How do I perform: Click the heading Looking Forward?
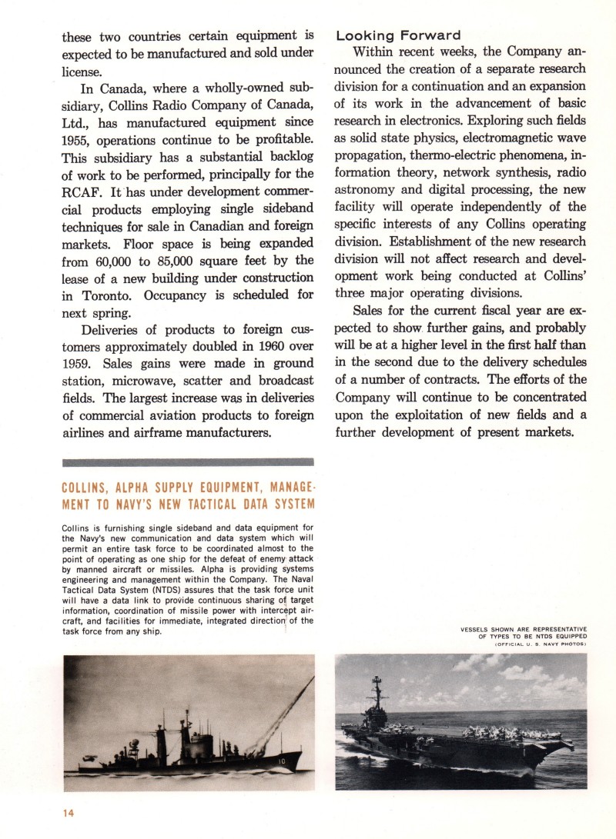click(x=399, y=35)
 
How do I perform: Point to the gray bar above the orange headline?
click(x=188, y=462)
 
